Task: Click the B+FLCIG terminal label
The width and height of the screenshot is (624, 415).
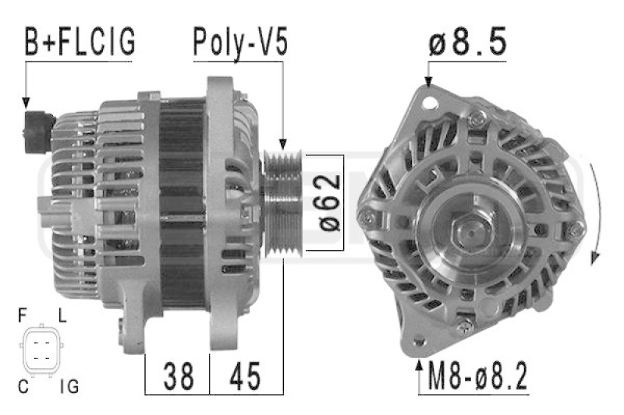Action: (x=80, y=42)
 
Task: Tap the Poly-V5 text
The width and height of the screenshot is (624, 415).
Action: (x=240, y=43)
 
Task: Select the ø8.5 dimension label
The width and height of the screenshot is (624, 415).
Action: (x=467, y=41)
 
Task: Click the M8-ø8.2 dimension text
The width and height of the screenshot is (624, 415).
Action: (x=477, y=376)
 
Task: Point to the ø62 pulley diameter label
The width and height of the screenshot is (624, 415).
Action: (x=330, y=202)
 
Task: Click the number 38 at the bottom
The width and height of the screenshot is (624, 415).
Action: (x=179, y=376)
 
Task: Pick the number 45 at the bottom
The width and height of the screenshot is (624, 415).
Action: (x=245, y=376)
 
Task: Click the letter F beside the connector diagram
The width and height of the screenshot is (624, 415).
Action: (x=23, y=315)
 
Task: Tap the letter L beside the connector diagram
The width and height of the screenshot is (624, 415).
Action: (x=62, y=315)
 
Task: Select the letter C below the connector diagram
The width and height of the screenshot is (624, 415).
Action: (x=23, y=386)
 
